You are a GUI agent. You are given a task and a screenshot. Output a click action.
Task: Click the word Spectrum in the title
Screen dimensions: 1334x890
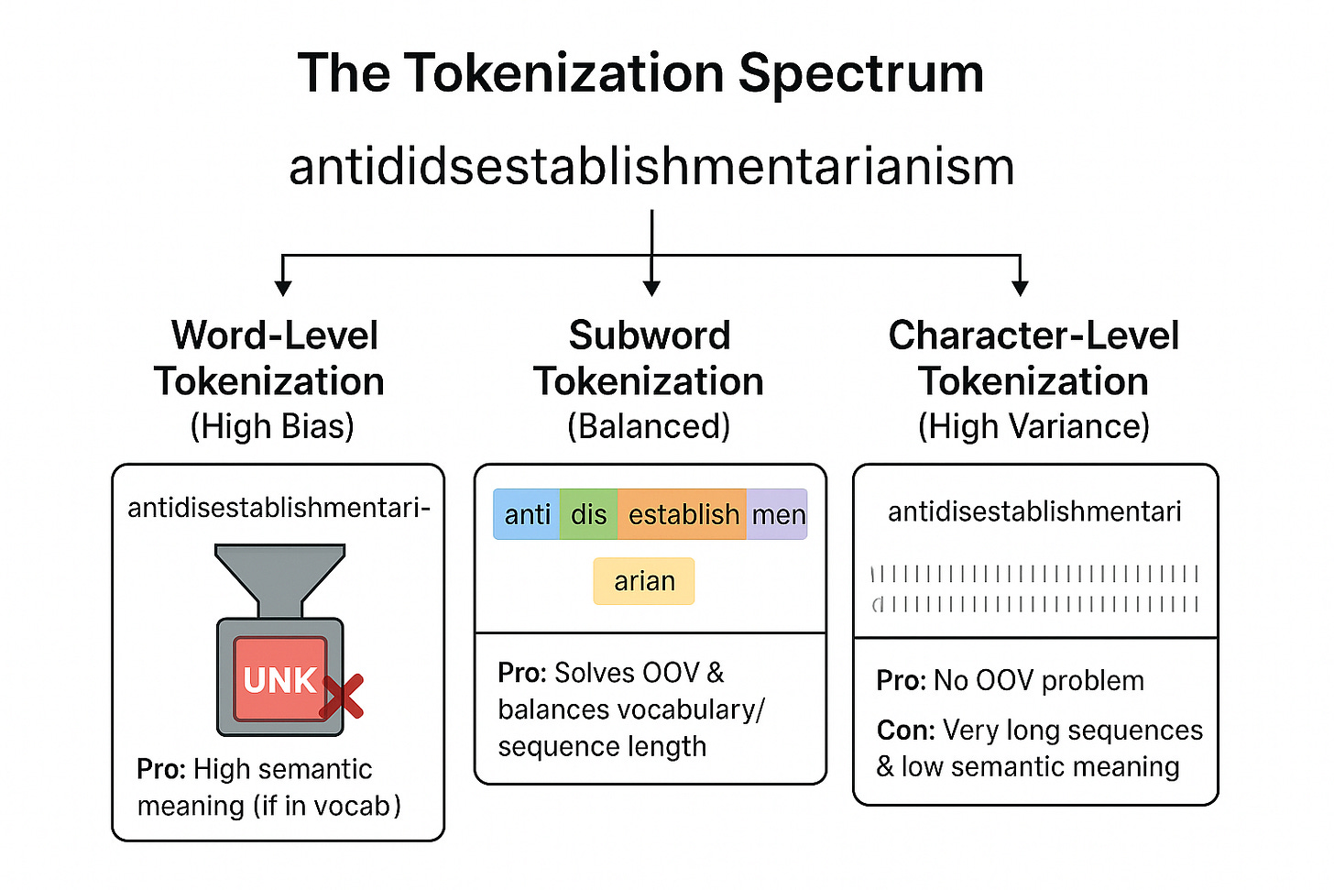pyautogui.click(x=860, y=73)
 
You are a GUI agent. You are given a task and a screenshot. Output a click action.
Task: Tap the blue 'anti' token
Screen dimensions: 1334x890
pyautogui.click(x=527, y=514)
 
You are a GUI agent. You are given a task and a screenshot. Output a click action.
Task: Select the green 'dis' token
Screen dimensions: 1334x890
pyautogui.click(x=588, y=514)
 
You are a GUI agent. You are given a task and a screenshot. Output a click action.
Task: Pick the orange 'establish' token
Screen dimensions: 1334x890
pyautogui.click(x=683, y=514)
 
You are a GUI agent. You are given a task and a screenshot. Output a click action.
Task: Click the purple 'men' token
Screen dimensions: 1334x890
pyautogui.click(x=778, y=514)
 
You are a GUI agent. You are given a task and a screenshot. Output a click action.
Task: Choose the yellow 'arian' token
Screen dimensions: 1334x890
pyautogui.click(x=644, y=581)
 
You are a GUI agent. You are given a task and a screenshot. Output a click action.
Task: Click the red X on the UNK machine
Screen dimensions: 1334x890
pyautogui.click(x=342, y=697)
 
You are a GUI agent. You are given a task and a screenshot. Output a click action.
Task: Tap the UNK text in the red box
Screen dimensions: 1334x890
pyautogui.click(x=279, y=680)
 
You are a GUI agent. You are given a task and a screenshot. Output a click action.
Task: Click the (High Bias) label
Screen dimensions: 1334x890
pyautogui.click(x=272, y=426)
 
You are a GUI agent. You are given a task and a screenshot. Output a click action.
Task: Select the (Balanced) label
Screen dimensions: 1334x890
pyautogui.click(x=649, y=426)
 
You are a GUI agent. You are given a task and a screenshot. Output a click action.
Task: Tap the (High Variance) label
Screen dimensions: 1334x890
pyautogui.click(x=1033, y=426)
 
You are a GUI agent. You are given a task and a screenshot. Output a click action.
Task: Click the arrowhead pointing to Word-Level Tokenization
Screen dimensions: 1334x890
pyautogui.click(x=283, y=287)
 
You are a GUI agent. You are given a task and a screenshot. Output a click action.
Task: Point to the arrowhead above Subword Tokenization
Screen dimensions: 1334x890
pyautogui.click(x=651, y=287)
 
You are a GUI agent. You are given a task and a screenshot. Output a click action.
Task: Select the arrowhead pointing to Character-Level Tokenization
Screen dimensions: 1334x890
pyautogui.click(x=1020, y=287)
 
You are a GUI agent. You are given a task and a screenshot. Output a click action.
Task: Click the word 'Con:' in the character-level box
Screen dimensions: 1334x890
pyautogui.click(x=905, y=730)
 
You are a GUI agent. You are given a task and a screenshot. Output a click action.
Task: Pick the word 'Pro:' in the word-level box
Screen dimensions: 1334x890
pyautogui.click(x=162, y=769)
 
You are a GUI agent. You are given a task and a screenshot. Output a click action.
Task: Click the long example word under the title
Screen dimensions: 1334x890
pyautogui.click(x=651, y=167)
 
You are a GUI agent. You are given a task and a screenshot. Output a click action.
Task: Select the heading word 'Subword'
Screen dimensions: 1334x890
pyautogui.click(x=650, y=335)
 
